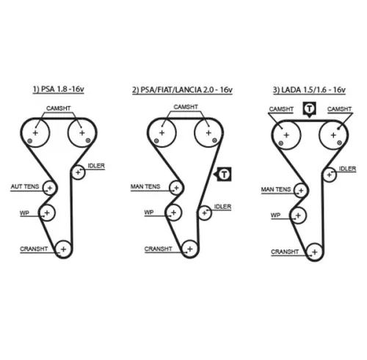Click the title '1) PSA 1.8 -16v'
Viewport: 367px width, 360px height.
(59, 90)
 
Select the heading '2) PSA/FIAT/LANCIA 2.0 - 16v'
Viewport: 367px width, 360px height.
(182, 90)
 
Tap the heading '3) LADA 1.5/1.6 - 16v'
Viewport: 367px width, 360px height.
(309, 90)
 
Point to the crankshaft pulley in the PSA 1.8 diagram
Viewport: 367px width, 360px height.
(64, 249)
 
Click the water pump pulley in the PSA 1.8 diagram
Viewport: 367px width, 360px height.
(48, 213)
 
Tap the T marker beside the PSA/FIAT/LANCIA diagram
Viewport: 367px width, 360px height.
(223, 174)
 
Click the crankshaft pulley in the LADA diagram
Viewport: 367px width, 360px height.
(312, 251)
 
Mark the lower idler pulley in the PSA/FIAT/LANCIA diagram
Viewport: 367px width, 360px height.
(203, 213)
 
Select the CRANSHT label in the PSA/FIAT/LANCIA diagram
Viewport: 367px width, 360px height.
(159, 249)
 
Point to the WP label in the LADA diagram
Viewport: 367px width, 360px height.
(276, 216)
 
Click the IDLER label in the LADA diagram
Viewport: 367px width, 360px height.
(347, 169)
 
